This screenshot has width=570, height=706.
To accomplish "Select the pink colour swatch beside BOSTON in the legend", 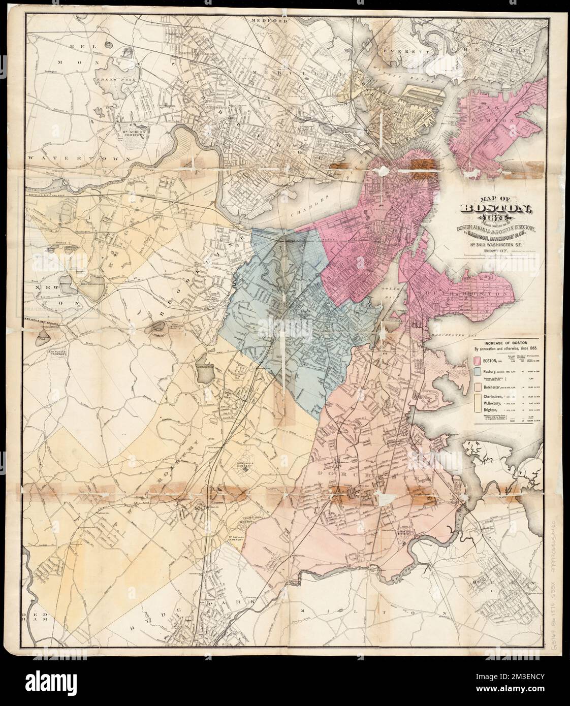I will point(478,360).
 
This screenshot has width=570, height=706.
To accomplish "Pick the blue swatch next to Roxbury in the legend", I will point(478,372).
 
